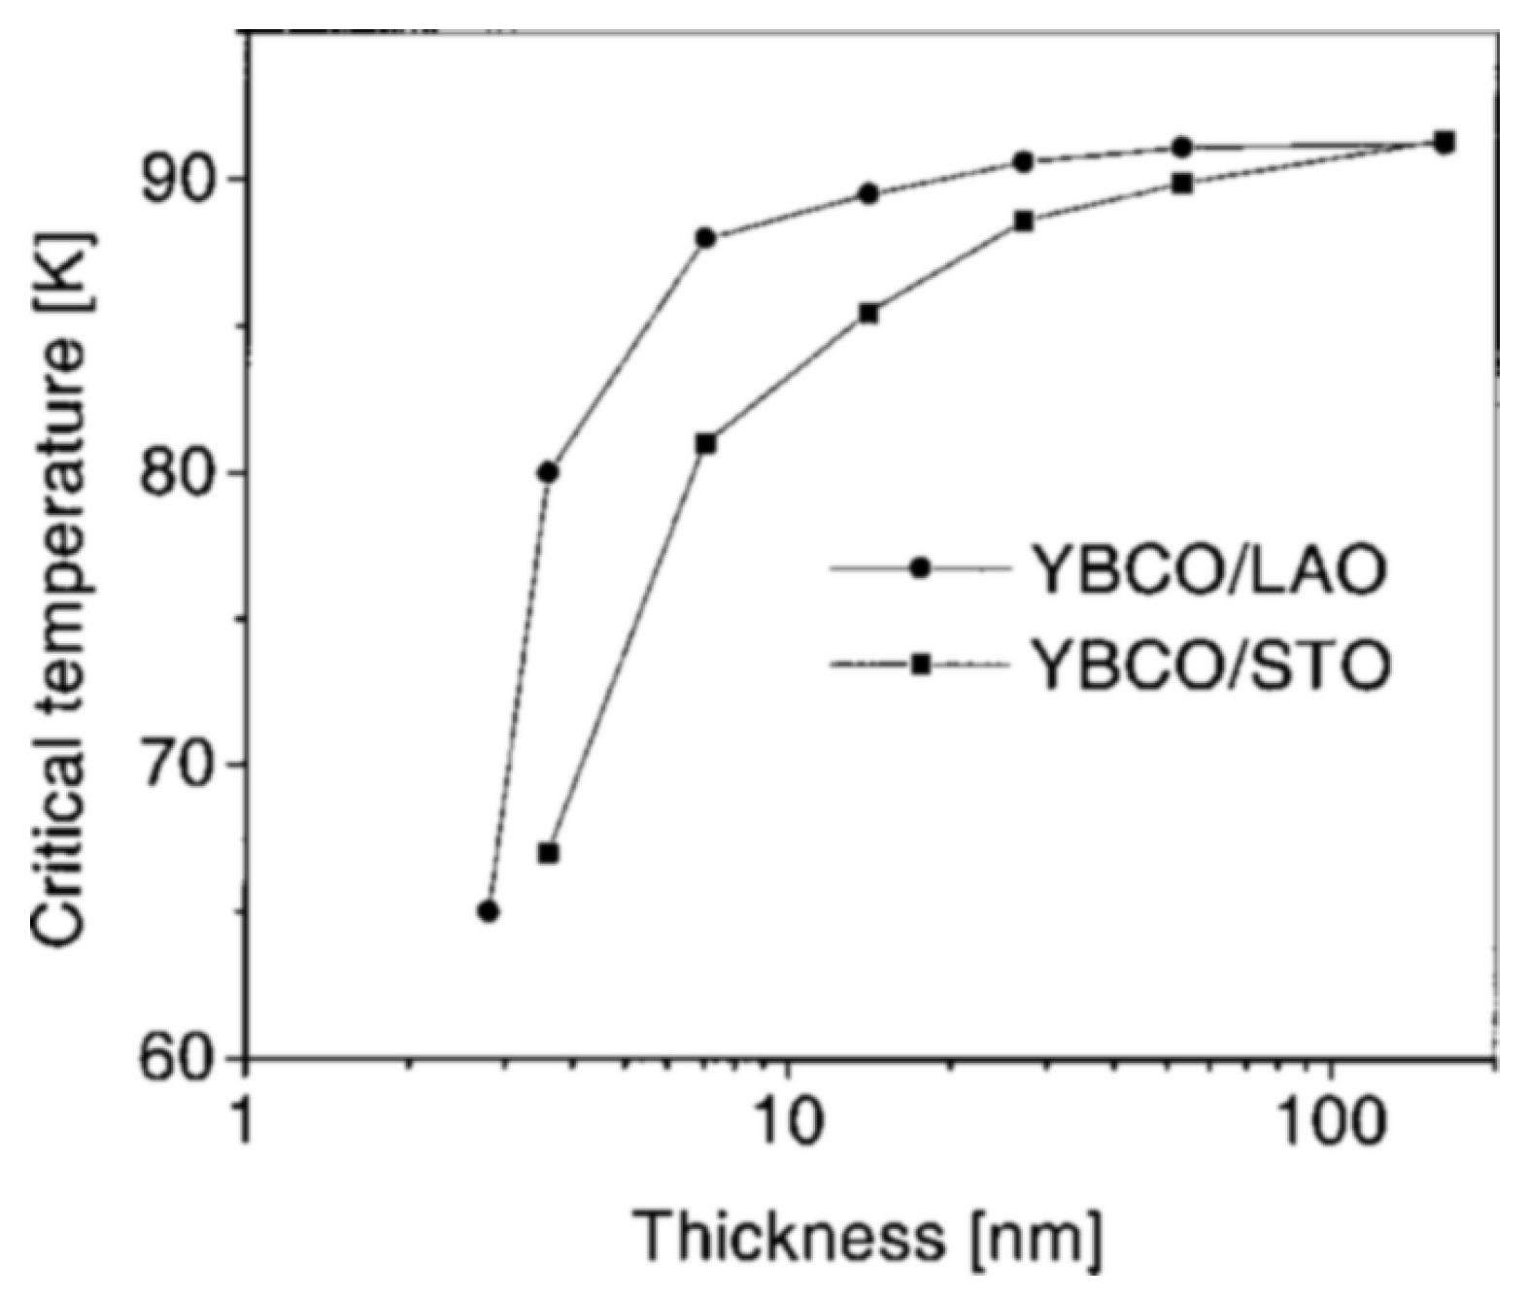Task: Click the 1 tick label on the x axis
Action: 246,1124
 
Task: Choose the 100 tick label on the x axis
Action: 1330,1124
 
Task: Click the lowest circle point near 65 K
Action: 489,911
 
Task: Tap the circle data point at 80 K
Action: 548,472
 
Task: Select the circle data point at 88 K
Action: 706,238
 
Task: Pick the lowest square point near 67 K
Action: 548,853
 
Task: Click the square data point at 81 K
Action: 706,443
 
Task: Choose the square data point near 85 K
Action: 868,313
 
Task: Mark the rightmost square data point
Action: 1444,142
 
